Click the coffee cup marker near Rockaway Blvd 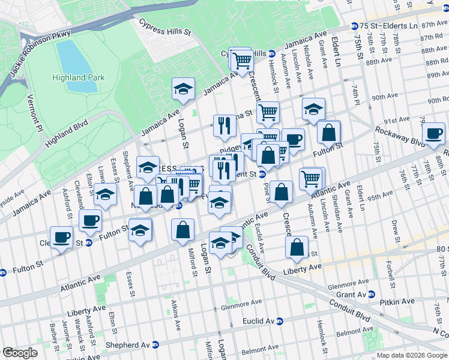433,134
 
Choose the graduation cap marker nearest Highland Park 184,90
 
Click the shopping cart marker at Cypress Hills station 241,61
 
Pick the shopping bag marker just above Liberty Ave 297,247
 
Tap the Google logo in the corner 19,353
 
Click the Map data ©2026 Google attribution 412,355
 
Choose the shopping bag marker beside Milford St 183,230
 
